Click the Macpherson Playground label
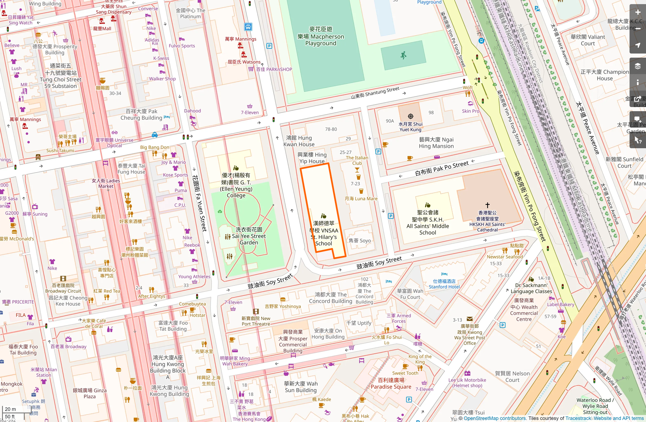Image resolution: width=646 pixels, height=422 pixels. point(321,36)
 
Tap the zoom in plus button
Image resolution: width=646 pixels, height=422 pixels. point(637,12)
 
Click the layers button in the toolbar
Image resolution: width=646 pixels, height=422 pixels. point(637,66)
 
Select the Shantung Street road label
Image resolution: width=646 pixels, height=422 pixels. point(375,93)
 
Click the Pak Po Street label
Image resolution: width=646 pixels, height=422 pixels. point(442,168)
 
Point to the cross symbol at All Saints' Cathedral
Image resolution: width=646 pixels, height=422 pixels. point(487,205)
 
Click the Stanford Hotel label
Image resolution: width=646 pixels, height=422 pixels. point(444,284)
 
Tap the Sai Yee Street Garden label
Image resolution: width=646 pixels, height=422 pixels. point(249,236)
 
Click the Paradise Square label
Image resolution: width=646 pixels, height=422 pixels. point(391,384)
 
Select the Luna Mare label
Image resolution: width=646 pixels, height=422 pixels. point(361,199)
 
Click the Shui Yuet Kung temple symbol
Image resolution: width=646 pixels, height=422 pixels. point(410,116)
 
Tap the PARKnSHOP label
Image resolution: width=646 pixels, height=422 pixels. point(274,69)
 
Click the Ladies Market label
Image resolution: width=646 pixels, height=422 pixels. point(106,183)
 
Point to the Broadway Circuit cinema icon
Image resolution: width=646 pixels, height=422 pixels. point(63,279)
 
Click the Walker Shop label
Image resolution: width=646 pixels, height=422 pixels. point(162,79)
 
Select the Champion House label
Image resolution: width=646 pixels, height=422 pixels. point(605,75)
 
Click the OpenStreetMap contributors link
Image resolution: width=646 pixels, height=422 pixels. point(494,418)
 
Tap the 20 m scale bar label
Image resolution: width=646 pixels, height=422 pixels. point(10,409)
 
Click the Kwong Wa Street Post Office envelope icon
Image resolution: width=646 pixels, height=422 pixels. point(469,319)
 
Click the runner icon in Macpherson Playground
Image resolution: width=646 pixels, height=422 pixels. point(404,55)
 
